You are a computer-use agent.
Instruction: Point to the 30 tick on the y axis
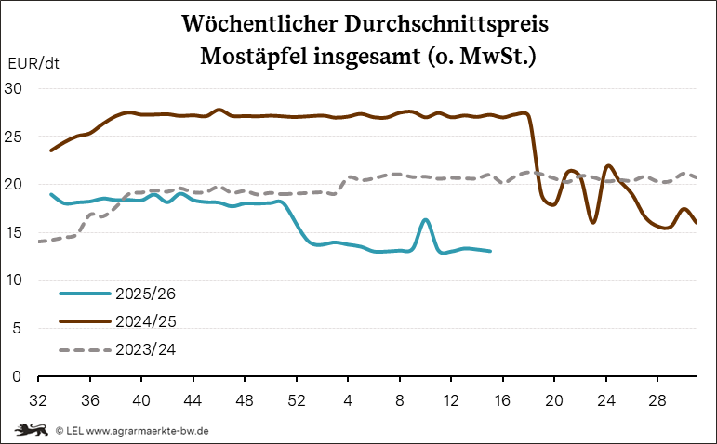point(16,88)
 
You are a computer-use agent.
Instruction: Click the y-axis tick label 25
point(16,137)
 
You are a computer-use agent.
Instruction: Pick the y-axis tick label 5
point(20,328)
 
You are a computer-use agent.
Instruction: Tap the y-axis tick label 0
point(20,376)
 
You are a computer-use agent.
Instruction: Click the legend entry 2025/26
point(145,293)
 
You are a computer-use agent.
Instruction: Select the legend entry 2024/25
point(145,320)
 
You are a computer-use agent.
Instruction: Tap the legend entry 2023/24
point(145,349)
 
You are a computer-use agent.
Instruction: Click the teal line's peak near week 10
point(425,220)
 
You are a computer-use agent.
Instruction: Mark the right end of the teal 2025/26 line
point(490,251)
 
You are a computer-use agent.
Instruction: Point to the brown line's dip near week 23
point(593,222)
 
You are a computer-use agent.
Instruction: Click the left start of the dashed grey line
point(38,242)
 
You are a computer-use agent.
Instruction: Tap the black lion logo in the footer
point(33,430)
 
